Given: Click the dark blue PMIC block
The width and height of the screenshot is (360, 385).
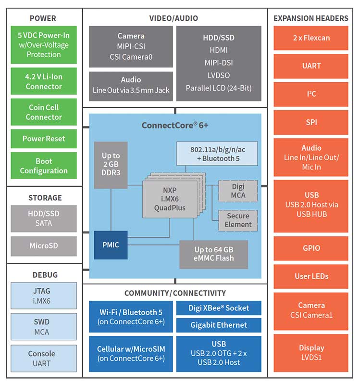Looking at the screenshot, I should tap(111, 245).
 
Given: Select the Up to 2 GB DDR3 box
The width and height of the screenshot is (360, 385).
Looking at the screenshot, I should tap(111, 165).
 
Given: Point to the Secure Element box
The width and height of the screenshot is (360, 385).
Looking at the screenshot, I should tap(238, 220).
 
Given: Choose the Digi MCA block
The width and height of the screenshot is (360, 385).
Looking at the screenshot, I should tap(238, 191).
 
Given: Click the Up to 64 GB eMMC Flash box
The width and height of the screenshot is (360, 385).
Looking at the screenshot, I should tap(214, 254).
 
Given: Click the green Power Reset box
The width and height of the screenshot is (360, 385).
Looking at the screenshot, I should tap(44, 139).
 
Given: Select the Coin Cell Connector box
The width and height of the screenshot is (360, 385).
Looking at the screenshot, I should tap(44, 112).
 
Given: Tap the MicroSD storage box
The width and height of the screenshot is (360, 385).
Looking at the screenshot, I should tap(44, 245).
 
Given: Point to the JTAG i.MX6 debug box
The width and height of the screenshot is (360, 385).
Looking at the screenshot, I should tap(44, 295).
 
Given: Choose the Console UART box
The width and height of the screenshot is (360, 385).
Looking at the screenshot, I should tap(44, 358).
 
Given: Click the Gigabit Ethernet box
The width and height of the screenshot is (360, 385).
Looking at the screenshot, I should tap(219, 325).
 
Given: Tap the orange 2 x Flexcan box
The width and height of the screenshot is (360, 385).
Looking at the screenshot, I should tap(311, 38).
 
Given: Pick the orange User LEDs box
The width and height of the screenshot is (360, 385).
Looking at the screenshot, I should tap(311, 276).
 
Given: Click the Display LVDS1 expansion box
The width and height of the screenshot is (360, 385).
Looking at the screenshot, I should tap(311, 352).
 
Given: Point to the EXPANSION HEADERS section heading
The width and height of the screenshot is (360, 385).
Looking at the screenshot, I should tap(311, 18).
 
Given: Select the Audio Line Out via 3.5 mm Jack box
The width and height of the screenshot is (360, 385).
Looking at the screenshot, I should tap(131, 85).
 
